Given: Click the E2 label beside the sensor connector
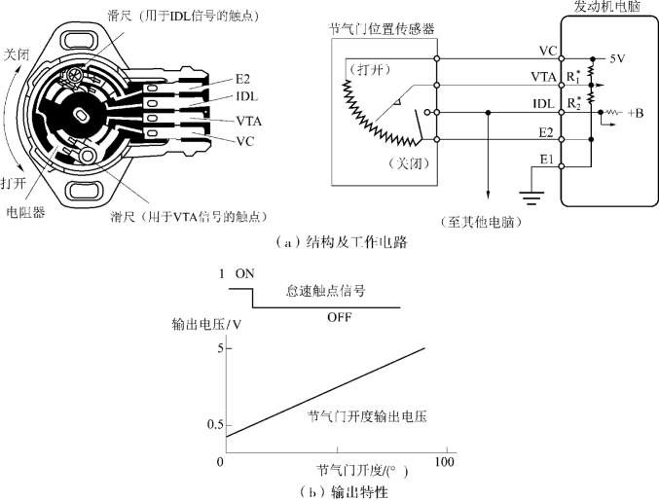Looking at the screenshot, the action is (x=242, y=79).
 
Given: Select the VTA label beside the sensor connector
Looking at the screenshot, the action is (x=249, y=122).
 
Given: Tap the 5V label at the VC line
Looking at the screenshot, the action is (x=617, y=58).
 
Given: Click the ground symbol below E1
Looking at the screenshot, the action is (x=531, y=198).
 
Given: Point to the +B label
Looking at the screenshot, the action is (x=636, y=113).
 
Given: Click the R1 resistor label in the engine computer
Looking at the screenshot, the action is (x=573, y=76).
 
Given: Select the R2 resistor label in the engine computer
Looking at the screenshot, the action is (x=573, y=103).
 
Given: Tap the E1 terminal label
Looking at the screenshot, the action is (x=547, y=160).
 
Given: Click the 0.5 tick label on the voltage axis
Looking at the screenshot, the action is (x=214, y=425).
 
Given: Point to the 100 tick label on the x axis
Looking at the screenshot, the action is (x=444, y=462).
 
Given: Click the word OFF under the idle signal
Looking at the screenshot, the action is (x=339, y=317).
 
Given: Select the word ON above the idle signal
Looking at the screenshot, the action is (x=245, y=273).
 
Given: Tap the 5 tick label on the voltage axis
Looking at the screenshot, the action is (x=221, y=348).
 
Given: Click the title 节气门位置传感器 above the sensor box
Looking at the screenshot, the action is (x=381, y=29).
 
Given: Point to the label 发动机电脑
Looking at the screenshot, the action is (x=607, y=6).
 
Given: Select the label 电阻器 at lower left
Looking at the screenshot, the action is (x=25, y=212).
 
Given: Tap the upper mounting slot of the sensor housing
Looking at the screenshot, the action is (x=80, y=40).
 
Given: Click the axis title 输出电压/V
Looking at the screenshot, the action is (x=206, y=325).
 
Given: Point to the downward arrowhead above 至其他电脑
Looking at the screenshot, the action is (x=488, y=195).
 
